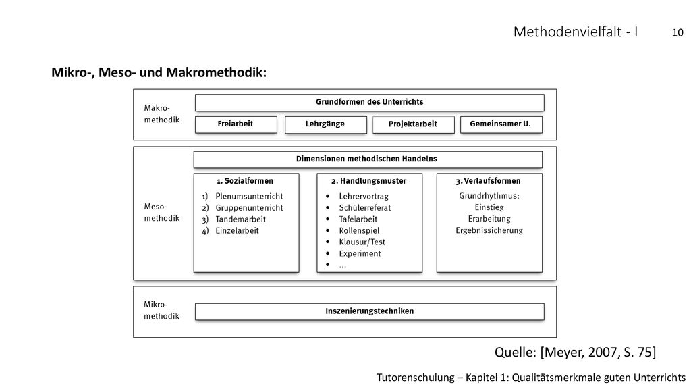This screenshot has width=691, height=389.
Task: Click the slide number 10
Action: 678,32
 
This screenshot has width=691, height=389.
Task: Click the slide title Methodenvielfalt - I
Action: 576,32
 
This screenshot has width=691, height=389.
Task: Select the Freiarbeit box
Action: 236,124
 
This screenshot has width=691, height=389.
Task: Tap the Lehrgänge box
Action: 326,124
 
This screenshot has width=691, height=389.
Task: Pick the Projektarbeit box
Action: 414,124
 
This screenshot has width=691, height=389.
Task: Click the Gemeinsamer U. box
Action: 501,124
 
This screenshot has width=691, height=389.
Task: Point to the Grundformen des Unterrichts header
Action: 369,103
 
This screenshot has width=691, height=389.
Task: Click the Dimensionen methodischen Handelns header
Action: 368,159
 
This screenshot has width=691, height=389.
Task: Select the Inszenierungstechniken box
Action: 369,311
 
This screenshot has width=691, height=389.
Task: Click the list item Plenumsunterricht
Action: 249,197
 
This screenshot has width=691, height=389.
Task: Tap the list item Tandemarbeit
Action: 241,219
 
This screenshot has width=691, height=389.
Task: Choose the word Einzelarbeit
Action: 237,231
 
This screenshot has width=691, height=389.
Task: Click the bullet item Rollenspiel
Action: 359,231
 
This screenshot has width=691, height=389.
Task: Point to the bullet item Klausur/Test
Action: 362,242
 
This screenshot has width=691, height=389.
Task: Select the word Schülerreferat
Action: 365,208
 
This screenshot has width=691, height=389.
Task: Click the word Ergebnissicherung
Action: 489,230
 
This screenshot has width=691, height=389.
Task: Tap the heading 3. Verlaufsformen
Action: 488,181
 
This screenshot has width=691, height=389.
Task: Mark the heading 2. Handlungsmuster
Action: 369,181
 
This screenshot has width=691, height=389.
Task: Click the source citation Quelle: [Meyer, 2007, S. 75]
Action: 575,352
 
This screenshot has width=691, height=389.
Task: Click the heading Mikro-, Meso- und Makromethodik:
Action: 159,72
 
